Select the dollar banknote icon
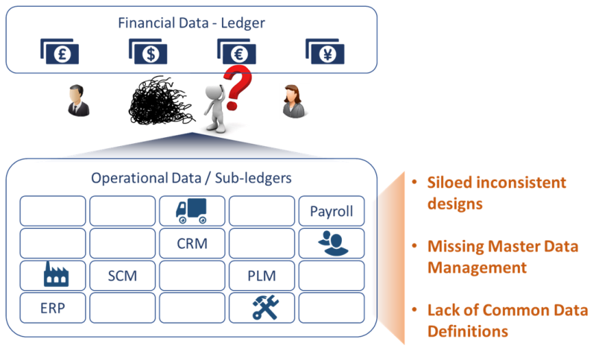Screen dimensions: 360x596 click(148, 51)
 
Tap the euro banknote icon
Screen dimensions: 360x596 click(236, 51)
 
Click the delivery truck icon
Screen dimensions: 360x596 click(191, 211)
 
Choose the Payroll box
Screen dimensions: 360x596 click(332, 211)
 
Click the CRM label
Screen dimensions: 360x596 click(191, 243)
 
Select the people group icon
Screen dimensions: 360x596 click(332, 243)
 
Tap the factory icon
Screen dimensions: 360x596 click(52, 276)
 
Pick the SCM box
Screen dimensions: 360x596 click(122, 276)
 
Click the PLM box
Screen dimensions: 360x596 click(261, 276)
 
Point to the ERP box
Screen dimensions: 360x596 click(52, 308)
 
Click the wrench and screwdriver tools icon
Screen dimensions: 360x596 click(261, 308)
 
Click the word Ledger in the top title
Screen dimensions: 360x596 click(241, 22)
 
